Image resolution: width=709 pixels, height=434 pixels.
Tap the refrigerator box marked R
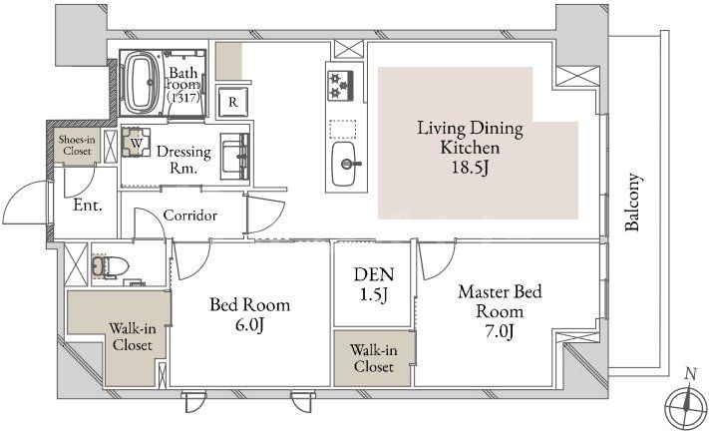(x=233, y=102)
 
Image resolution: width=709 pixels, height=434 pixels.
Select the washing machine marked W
(x=136, y=142)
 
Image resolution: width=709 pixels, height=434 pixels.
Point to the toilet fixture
(x=111, y=266)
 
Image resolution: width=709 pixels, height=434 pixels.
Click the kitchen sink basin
(x=344, y=164)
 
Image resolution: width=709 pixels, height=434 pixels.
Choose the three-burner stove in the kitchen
(x=340, y=86)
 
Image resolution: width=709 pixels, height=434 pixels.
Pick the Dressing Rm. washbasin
(x=234, y=157)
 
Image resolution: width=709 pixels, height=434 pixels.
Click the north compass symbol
(x=686, y=404)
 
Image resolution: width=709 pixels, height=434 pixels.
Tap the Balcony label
(x=632, y=202)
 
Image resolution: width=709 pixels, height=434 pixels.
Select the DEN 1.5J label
(x=374, y=283)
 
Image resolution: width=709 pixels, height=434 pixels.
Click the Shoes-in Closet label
(x=77, y=146)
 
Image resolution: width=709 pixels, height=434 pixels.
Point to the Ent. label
(x=88, y=205)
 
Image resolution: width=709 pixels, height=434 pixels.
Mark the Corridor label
(x=189, y=215)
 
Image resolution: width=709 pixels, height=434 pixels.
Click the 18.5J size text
(x=470, y=168)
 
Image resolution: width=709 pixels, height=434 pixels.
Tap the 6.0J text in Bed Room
(x=249, y=325)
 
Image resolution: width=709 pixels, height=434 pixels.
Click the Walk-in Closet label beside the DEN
(x=374, y=358)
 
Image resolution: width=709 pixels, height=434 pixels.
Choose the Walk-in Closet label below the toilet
(x=133, y=336)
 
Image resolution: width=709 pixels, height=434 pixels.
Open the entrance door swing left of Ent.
(x=25, y=203)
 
